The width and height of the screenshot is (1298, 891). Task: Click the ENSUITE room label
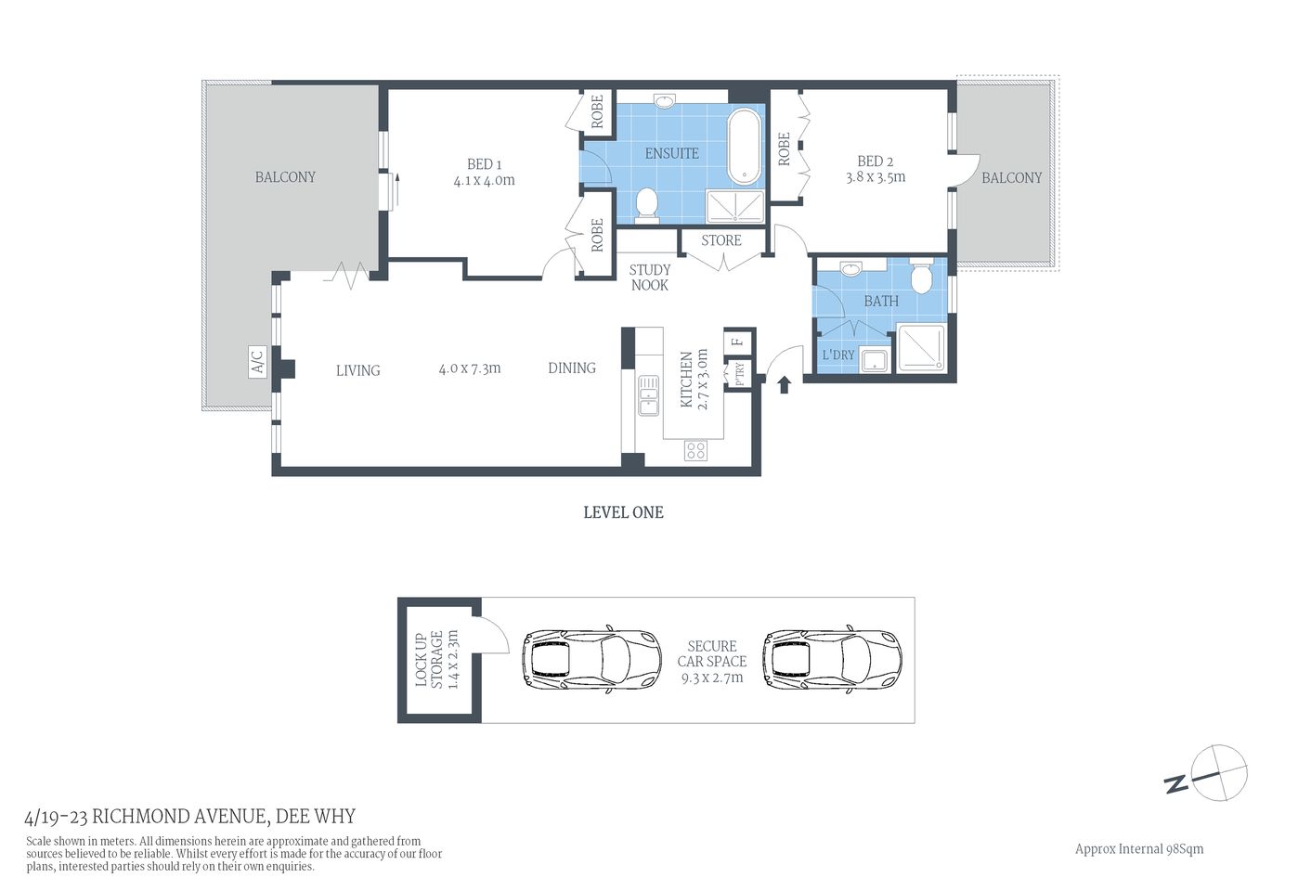pos(671,153)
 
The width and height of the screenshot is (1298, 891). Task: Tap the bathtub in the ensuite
pos(745,148)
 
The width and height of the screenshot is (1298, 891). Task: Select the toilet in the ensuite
pos(647,204)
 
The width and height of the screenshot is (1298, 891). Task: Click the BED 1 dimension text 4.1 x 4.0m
pos(484,181)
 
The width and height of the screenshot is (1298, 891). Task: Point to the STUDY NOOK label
pos(650,278)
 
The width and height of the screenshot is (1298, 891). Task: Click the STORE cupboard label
pos(721,240)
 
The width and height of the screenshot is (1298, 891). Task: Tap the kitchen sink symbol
pos(647,395)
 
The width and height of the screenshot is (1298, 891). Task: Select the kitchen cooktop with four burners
pos(695,451)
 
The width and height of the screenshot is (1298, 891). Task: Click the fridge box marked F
pos(738,342)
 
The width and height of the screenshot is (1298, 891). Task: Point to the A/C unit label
pos(257,361)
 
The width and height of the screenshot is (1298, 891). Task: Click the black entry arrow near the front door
pos(784,384)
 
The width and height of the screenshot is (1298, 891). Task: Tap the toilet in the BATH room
pos(921,278)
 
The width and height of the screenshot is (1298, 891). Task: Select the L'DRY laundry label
pos(837,355)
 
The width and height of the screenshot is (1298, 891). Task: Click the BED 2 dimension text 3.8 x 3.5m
pos(875,177)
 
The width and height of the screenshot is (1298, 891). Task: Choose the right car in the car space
pos(832,660)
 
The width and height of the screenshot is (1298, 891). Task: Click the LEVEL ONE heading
pos(623,512)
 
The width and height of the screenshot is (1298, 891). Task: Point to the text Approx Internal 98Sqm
pos(1138,848)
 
